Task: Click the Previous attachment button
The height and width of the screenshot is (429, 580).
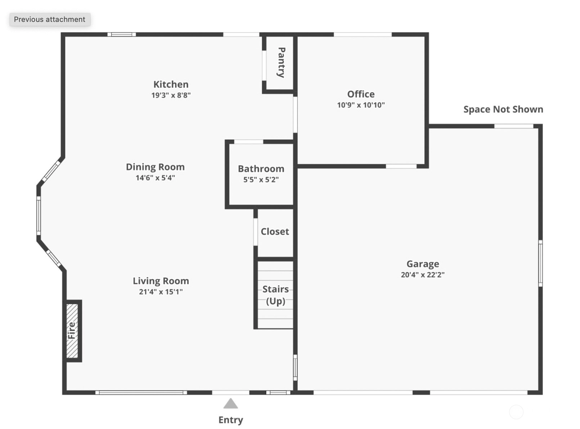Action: pos(50,19)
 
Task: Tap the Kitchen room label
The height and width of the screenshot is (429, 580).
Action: pos(171,84)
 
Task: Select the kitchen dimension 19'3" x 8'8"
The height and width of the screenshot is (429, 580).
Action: pos(171,95)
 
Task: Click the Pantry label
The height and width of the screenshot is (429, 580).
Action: pos(281,63)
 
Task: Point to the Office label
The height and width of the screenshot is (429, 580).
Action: pos(361,94)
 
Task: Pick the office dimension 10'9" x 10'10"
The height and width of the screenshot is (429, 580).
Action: pos(361,105)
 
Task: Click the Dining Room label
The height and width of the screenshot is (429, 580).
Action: pos(155,167)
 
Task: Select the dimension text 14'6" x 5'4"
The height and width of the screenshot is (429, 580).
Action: pos(155,178)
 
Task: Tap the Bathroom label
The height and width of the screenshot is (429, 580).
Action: pos(261,169)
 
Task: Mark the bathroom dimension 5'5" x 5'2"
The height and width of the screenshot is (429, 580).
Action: pos(261,179)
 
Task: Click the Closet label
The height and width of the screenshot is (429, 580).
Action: pos(275,231)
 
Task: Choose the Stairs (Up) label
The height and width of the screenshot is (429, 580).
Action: pos(276,295)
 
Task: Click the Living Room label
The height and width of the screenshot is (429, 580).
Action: pos(161,281)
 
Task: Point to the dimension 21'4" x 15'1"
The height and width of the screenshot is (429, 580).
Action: pos(161,292)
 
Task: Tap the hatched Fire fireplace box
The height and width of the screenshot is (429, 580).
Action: pos(72,331)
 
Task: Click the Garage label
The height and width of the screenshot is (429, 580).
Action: pos(423,264)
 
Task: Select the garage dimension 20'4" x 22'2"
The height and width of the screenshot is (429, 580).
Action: pos(423,274)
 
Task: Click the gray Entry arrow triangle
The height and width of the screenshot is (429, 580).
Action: pos(231,403)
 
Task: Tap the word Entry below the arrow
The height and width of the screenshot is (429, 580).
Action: pos(231,420)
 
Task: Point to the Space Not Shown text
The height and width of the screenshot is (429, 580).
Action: pos(503,110)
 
